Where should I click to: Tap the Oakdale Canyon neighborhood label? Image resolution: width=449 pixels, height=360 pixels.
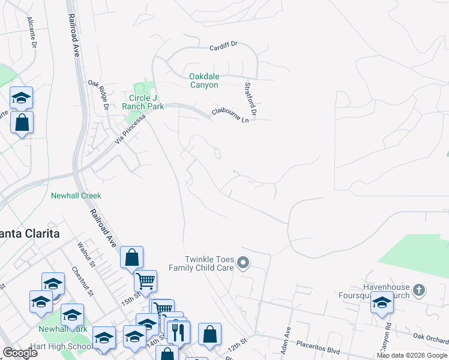pos(203,80)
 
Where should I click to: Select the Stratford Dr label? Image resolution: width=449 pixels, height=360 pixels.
pos(250,100)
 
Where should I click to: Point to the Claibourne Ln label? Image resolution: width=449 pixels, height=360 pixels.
pos(230,115)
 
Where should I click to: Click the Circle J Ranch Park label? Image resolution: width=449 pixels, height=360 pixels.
pos(143,102)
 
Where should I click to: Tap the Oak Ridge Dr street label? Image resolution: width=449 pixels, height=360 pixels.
pos(97,95)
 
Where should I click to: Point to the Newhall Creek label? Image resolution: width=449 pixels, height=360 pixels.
pos(76,196)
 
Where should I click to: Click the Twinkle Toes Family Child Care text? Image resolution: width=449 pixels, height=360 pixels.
pos(200,263)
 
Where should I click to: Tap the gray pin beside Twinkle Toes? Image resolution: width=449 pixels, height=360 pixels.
pos(243,262)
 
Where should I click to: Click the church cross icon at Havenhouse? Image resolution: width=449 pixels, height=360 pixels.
pos(419,291)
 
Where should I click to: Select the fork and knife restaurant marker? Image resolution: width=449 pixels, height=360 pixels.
pos(178,332)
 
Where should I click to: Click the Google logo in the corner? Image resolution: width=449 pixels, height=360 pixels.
pos(20,352)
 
